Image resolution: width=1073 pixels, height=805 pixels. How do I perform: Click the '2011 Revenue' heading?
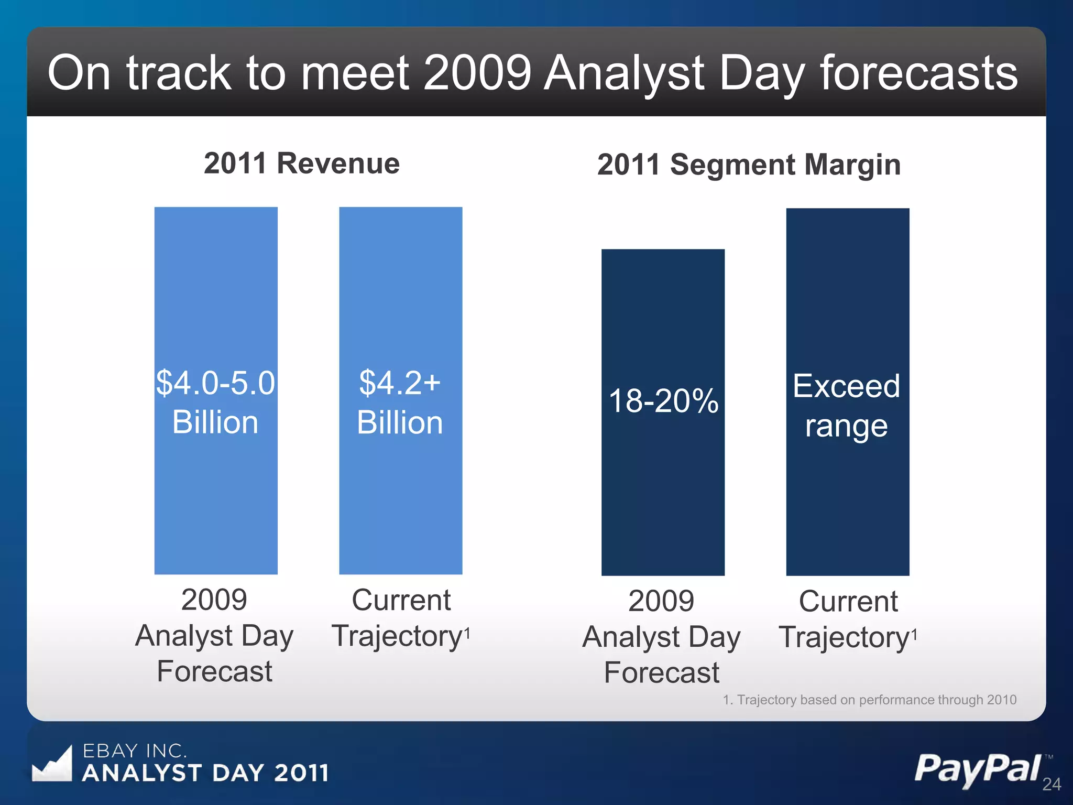point(301,163)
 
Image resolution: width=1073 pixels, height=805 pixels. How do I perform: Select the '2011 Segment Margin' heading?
point(749,165)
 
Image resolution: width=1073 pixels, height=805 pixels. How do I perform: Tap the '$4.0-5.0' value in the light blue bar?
point(215,383)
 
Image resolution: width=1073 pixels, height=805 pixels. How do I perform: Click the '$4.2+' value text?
point(400,383)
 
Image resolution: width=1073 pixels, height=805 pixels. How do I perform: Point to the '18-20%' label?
point(663,401)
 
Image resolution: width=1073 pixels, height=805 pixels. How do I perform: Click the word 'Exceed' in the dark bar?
point(846,386)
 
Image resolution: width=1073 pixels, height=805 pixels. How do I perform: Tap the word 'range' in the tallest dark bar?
point(846,426)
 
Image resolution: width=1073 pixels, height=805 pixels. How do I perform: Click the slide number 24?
point(1051,784)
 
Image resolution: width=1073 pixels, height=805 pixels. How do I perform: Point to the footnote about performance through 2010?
point(869,700)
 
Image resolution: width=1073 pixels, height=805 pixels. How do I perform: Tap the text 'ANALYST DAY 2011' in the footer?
point(205,773)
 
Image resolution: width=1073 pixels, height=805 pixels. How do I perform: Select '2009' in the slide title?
point(477,73)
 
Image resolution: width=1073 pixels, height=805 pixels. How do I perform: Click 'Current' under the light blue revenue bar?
point(401,600)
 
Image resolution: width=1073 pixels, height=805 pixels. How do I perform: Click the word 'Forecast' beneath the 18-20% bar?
point(661,672)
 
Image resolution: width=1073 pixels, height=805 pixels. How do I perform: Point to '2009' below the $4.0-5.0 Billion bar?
point(214,600)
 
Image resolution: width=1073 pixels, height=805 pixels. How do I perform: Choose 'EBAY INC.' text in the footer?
point(135,751)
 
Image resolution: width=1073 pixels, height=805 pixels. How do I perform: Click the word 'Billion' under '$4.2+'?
point(400,422)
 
